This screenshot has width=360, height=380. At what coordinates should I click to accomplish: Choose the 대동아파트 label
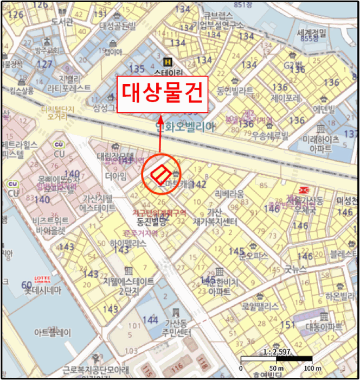pos(324,327)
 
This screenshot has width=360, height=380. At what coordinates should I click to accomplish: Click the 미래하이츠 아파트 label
pos(322,143)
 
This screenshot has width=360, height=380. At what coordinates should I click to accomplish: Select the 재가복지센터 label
pos(215,222)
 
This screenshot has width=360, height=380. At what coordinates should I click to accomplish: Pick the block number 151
pos(288,325)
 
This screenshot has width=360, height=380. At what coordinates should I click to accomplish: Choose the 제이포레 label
pos(286,99)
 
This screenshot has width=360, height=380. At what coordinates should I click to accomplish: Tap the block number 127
pos(44,64)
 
